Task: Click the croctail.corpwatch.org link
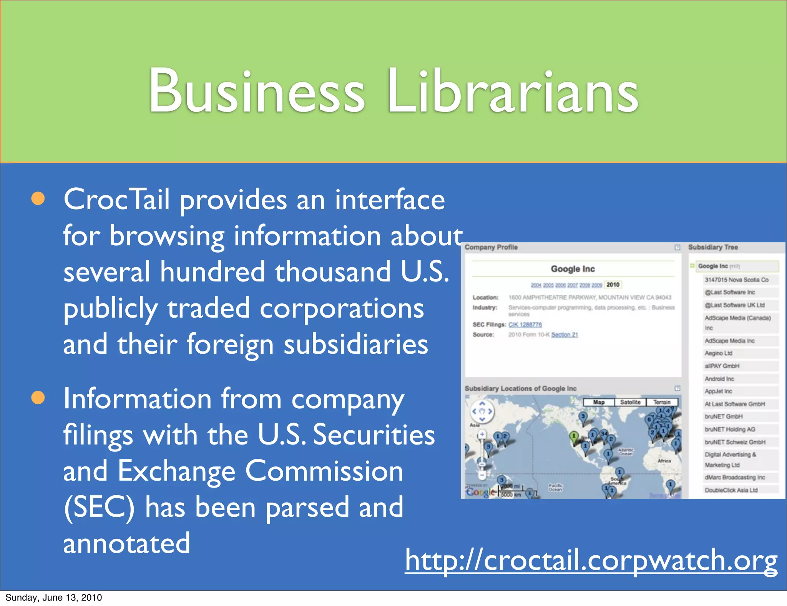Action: (x=591, y=561)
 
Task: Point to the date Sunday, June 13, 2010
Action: (x=54, y=598)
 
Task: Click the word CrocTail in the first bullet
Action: (x=116, y=200)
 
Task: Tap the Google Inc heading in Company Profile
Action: (x=573, y=269)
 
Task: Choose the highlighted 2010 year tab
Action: (x=613, y=285)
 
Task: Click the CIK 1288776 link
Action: (x=525, y=325)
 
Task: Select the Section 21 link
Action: (x=565, y=335)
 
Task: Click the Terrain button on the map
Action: (x=662, y=402)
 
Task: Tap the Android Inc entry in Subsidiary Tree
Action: (x=719, y=379)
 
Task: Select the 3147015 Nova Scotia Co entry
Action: (x=736, y=280)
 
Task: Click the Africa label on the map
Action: (x=664, y=461)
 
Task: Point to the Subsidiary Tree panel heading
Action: (x=713, y=247)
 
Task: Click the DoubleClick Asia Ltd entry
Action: (x=731, y=490)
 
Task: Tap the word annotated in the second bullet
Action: (x=127, y=543)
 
